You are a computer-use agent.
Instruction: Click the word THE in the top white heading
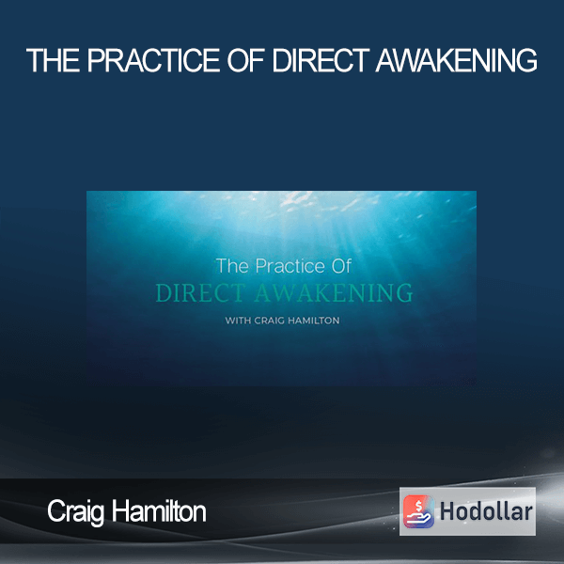point(54,60)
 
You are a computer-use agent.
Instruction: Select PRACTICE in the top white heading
point(153,60)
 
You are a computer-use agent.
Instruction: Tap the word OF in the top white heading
point(246,60)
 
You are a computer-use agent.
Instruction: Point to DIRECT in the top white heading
point(321,60)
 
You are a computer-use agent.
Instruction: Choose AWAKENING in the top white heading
point(457,60)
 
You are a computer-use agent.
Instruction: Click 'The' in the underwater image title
point(232,266)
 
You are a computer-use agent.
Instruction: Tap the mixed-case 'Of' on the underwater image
point(341,266)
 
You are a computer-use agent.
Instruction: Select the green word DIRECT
point(201,292)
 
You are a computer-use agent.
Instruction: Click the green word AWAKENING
point(334,292)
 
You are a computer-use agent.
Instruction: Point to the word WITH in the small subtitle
point(238,321)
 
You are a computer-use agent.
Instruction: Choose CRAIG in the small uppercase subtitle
point(270,321)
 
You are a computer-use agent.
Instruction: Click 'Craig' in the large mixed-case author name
point(75,512)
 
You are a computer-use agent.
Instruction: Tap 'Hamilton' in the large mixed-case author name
point(159,511)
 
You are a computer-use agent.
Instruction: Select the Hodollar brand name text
point(486,511)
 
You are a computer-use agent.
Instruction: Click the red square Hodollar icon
point(418,511)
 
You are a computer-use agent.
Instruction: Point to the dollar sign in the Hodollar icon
point(418,506)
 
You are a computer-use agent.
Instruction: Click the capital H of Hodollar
point(446,511)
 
